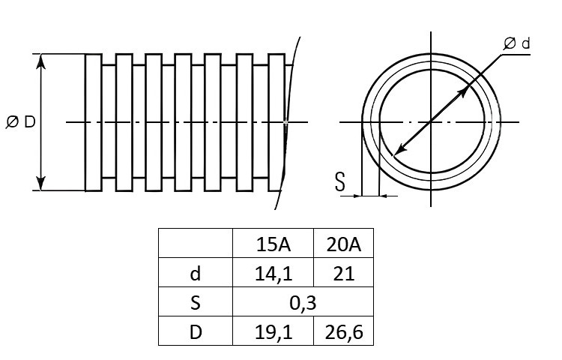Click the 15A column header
click(273, 244)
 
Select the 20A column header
click(343, 244)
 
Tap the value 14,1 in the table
click(274, 274)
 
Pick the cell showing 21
click(344, 274)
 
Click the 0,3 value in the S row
click(303, 303)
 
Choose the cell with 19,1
click(274, 332)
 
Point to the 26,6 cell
click(344, 332)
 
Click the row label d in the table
click(196, 274)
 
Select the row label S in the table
click(196, 303)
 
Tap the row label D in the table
click(196, 332)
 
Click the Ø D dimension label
click(21, 122)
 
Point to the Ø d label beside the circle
click(516, 43)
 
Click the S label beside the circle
click(339, 181)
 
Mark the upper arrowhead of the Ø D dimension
click(41, 61)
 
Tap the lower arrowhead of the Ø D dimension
click(41, 183)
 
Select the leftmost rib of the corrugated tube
click(94, 122)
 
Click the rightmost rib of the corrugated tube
click(277, 122)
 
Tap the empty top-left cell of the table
click(196, 243)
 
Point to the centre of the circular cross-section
click(431, 122)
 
